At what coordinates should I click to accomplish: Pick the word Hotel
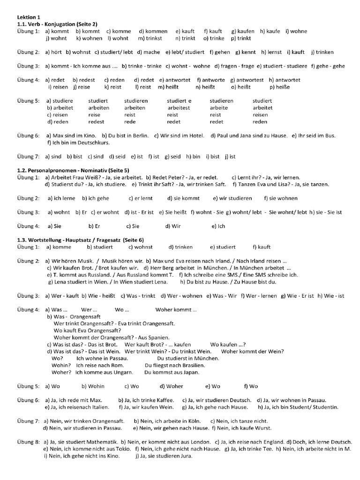click(x=195, y=136)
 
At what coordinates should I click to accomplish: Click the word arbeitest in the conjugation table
click(x=179, y=108)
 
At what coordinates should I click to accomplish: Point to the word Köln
click(x=196, y=421)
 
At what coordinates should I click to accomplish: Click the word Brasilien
click(x=193, y=365)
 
